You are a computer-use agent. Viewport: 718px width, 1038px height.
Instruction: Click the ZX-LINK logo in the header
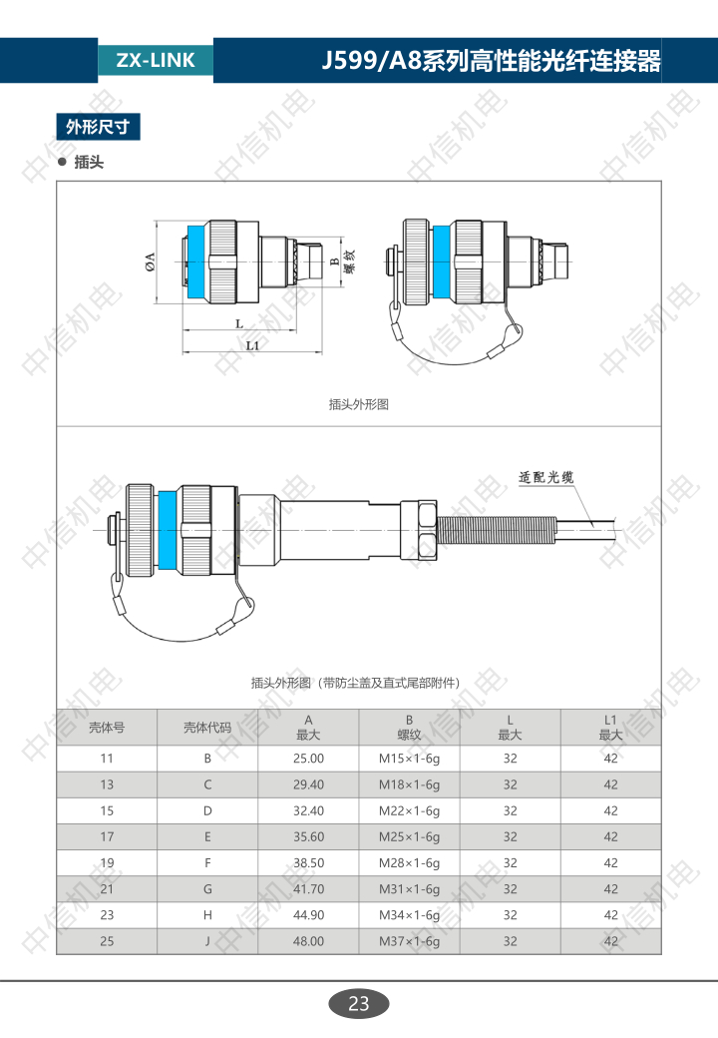pos(156,60)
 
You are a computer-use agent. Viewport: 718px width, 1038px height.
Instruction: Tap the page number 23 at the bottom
pos(358,1004)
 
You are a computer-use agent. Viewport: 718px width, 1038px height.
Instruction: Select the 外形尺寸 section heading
pos(98,127)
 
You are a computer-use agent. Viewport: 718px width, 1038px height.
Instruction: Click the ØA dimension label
pos(150,262)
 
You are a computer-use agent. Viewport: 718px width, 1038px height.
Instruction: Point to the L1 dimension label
pos(252,345)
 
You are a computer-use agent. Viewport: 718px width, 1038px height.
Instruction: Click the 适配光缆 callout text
pos(545,477)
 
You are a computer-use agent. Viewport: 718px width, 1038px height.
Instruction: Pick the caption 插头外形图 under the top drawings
pos(358,404)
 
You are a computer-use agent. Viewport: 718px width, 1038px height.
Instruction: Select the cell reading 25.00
pos(309,759)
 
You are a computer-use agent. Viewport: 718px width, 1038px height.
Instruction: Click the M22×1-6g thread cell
pos(409,810)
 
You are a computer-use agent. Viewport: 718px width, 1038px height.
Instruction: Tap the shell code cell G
pos(207,889)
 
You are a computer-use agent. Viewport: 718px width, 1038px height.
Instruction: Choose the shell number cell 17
pos(107,836)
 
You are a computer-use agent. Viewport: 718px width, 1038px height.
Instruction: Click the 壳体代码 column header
pos(207,728)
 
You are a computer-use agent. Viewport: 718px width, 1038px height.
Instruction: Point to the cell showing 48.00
pos(309,941)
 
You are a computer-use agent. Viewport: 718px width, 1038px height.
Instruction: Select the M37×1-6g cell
pos(409,941)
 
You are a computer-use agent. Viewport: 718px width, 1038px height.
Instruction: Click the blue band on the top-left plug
pos(195,262)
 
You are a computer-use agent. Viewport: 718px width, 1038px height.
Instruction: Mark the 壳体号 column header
pos(107,728)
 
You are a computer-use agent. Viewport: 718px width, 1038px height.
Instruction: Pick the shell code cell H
pos(207,915)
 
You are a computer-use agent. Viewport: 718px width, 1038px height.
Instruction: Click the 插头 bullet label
pos(89,162)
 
